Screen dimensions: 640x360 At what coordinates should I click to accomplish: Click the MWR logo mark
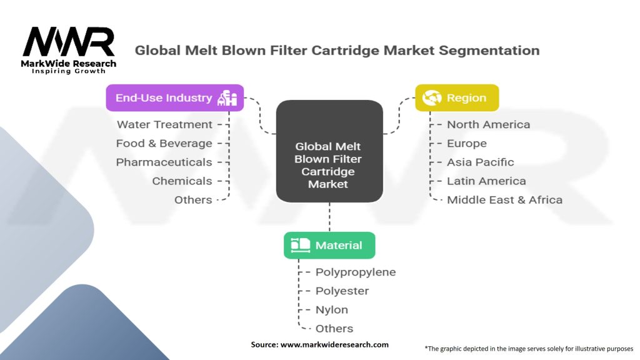[x=69, y=41]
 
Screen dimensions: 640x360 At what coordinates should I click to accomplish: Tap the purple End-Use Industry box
[x=175, y=98]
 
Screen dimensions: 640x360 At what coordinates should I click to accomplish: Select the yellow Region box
[x=457, y=98]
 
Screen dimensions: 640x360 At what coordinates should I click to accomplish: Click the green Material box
[x=329, y=245]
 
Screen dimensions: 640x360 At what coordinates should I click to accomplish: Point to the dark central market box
[x=329, y=151]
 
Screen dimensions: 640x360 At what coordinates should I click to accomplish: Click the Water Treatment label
[x=164, y=124]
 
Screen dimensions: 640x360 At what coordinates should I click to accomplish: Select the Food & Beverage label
[x=164, y=143]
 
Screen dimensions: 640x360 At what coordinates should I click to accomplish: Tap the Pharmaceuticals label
[x=164, y=162]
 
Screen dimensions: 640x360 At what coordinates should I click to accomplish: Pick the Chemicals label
[x=182, y=181]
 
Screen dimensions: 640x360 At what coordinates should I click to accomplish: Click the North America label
[x=489, y=124]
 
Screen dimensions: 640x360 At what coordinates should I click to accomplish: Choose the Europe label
[x=467, y=144]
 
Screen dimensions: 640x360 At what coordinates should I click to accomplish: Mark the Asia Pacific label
[x=481, y=162]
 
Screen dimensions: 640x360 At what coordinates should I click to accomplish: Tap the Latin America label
[x=486, y=181]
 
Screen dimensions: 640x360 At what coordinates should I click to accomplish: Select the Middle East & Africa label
[x=505, y=199]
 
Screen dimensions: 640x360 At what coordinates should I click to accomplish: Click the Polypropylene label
[x=356, y=272]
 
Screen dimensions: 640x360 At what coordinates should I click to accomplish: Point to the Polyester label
[x=342, y=291]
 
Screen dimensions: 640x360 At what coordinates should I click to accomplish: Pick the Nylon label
[x=332, y=310]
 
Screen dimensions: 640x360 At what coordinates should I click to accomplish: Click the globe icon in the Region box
[x=432, y=98]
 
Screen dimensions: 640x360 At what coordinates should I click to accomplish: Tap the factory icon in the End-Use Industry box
[x=227, y=98]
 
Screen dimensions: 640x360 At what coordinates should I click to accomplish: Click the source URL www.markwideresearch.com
[x=334, y=344]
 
